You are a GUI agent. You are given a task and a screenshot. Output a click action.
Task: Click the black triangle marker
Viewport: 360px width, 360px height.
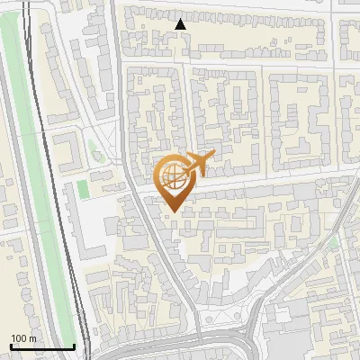pos(181,24)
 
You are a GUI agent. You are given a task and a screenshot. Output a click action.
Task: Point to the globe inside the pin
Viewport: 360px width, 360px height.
pos(171,175)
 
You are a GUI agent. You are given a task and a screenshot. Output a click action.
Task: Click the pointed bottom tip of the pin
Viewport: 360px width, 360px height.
pos(171,210)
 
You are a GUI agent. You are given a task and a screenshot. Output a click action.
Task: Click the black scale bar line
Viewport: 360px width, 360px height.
pos(41,346)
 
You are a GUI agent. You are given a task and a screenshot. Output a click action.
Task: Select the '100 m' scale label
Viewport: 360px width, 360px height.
pos(24,338)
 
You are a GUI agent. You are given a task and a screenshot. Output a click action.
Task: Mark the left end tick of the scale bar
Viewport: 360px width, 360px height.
pos(10,345)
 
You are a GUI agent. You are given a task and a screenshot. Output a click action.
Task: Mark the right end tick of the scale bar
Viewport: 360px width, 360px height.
pos(74,345)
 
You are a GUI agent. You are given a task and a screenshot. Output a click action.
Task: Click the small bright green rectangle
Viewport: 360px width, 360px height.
pos(83,189)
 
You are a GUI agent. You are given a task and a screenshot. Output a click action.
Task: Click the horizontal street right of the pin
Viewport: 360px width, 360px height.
pos(270,180)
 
